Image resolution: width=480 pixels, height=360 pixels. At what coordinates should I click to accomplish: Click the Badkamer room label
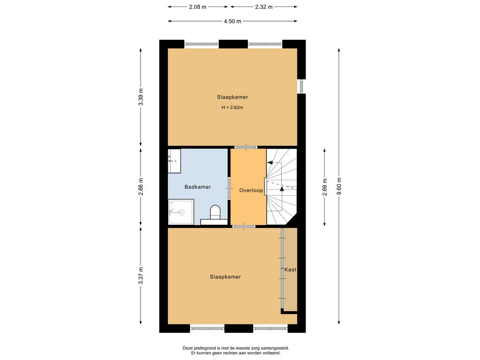click(x=197, y=187)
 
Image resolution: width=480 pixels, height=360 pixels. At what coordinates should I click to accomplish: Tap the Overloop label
click(x=251, y=190)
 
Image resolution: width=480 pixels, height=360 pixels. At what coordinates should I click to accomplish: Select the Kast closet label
click(x=290, y=270)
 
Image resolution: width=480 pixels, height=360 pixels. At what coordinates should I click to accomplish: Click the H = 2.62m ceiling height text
click(x=232, y=107)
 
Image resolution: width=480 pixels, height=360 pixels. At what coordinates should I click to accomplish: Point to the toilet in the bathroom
click(x=215, y=212)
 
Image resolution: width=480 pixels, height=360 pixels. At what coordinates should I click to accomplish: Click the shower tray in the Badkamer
click(x=181, y=212)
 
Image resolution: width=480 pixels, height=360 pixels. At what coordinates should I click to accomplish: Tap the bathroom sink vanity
click(x=174, y=161)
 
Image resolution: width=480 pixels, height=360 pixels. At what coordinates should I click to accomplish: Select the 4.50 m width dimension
click(x=232, y=21)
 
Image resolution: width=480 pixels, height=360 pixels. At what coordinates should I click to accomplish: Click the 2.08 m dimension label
click(x=198, y=7)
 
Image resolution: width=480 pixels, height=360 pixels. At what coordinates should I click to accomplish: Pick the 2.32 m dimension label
click(x=263, y=7)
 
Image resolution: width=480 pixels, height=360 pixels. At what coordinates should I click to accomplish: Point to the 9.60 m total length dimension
click(x=339, y=186)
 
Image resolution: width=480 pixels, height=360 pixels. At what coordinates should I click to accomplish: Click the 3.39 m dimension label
click(x=141, y=97)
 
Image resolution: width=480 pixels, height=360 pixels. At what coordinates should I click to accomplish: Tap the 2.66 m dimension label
click(x=141, y=187)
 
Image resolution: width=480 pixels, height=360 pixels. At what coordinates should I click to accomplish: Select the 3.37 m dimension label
click(x=141, y=276)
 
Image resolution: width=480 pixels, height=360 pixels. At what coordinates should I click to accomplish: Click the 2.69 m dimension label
click(x=324, y=187)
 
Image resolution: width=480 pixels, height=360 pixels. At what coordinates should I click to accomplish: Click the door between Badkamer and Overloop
click(x=229, y=188)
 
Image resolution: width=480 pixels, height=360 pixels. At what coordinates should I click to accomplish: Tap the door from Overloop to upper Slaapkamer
click(x=246, y=147)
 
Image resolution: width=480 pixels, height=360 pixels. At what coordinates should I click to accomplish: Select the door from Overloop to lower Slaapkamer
click(x=244, y=226)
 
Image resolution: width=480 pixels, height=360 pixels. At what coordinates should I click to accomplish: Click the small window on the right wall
click(x=301, y=86)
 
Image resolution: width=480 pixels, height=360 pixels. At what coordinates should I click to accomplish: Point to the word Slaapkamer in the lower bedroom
click(x=225, y=277)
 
